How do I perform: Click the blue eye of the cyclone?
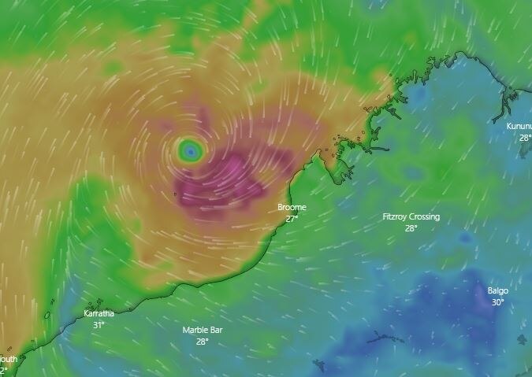(189, 150)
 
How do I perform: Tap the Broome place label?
(292, 207)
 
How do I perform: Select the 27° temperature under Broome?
(292, 218)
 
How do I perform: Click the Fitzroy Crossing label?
(411, 216)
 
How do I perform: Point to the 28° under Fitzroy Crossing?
(411, 228)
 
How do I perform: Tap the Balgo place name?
(497, 290)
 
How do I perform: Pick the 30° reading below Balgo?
(497, 302)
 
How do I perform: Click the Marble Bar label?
(203, 330)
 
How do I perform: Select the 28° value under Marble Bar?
(203, 342)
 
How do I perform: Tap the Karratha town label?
(99, 313)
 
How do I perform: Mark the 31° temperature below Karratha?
(99, 324)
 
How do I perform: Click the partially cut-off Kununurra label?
(519, 126)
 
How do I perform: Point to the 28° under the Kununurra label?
(525, 137)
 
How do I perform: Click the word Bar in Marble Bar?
(216, 330)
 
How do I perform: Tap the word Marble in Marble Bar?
(195, 330)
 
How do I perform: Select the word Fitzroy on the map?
(395, 216)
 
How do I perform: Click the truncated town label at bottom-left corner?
(8, 359)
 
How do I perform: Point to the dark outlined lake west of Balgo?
(385, 337)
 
